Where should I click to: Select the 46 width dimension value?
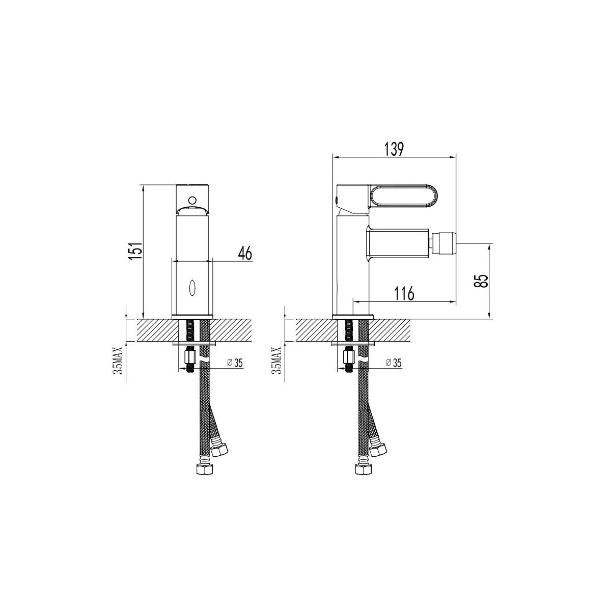244,254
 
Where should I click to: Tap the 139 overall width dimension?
394,149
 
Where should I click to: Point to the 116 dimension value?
404,293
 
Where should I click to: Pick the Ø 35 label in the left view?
235,363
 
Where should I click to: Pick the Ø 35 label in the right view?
394,363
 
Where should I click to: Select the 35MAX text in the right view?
278,360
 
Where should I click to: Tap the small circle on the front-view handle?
192,200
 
